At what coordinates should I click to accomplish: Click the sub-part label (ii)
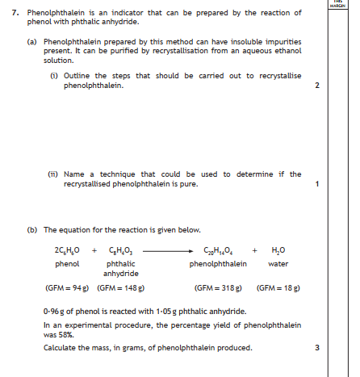tap(52, 174)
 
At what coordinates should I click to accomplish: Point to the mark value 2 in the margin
tap(318, 86)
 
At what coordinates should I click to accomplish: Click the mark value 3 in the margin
tap(318, 348)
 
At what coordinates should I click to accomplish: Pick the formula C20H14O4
tap(213, 251)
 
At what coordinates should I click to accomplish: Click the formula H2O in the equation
tap(277, 251)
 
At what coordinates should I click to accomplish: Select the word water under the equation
tap(277, 264)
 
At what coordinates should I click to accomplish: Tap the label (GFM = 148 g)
tap(120, 288)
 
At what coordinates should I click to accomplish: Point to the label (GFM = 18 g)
tap(276, 288)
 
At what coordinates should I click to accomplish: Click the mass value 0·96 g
tap(56, 311)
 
